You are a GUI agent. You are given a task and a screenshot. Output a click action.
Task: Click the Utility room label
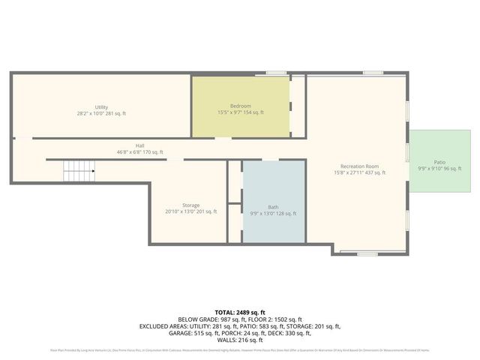[101, 106]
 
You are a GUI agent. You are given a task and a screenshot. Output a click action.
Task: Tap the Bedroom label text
[240, 106]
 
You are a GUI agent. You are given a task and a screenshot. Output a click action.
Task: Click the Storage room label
[190, 205]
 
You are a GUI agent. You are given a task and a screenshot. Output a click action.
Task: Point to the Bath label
[273, 207]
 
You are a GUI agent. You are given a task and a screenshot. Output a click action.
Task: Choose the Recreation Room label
[359, 166]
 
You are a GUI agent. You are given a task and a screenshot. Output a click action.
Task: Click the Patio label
[439, 161]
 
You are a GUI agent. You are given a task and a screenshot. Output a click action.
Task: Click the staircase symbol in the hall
[78, 172]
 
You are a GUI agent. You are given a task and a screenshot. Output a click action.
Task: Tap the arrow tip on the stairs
[93, 172]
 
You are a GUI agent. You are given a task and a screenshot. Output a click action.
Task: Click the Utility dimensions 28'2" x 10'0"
[101, 113]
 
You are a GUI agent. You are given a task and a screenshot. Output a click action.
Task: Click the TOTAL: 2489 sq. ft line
[240, 312]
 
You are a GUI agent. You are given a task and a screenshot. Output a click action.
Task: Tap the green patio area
[439, 176]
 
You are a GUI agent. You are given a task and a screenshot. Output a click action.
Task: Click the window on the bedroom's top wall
[276, 73]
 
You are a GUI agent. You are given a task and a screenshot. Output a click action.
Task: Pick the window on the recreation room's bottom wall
[367, 253]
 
